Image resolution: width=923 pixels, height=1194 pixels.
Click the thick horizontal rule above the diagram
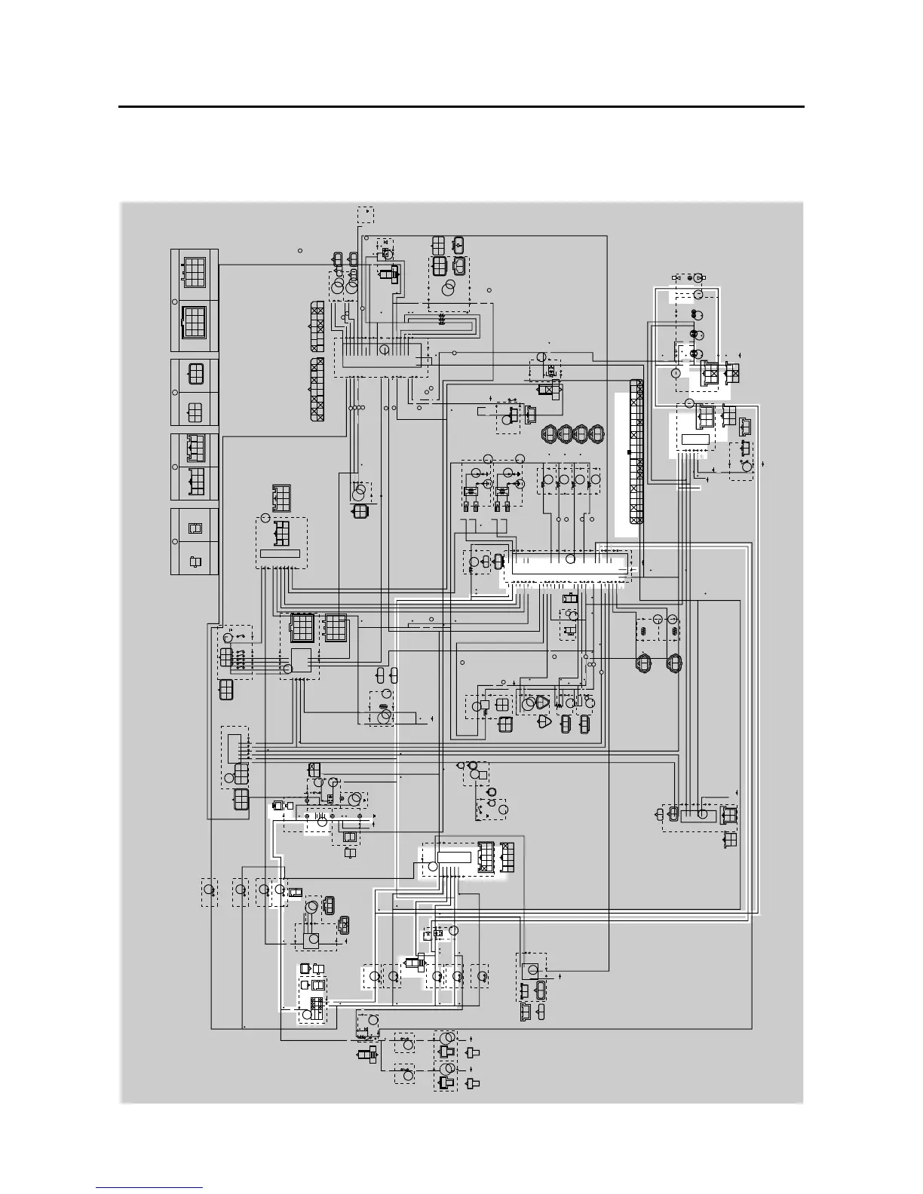pos(461,107)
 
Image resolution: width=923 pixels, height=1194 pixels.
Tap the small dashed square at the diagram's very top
pos(366,215)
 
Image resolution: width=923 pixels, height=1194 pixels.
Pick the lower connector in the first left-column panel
pos(194,323)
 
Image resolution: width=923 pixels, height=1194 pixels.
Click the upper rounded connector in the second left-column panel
pos(195,375)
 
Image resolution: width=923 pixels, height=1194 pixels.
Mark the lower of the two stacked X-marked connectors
pos(317,389)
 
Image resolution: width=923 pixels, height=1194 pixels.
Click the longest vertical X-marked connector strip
pos(636,452)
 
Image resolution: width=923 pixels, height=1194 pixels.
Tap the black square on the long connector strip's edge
pos(629,452)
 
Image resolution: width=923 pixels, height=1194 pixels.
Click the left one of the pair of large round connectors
pos(645,663)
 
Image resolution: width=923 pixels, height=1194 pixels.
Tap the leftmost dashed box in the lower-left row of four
pos(210,892)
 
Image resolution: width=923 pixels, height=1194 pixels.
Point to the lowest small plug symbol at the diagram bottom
pos(474,1084)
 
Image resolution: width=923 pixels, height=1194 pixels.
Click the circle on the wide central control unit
pos(571,559)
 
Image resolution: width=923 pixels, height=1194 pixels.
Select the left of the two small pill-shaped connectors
pos(381,673)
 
